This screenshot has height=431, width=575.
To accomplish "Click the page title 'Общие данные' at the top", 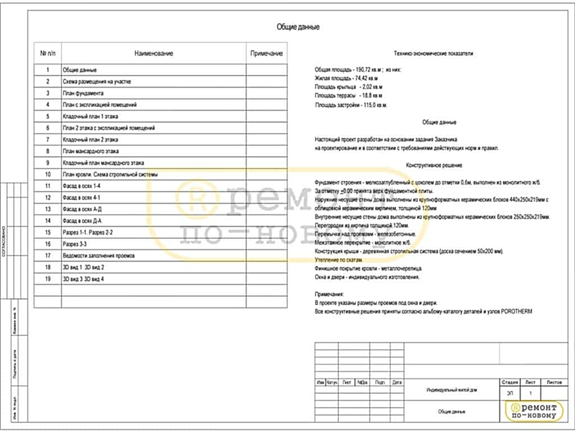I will pos(298,27).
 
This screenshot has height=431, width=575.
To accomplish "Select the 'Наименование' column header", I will pos(153,53).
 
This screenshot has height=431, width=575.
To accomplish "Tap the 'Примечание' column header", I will pos(266,53).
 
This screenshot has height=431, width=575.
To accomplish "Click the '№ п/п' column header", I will pos(48,53).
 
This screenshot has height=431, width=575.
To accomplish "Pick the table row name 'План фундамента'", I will pos(83,93).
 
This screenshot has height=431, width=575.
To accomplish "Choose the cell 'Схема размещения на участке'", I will pos(97,81).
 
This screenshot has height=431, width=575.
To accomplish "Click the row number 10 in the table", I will pos(48,175).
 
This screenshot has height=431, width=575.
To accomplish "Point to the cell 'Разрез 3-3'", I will pos(74,244).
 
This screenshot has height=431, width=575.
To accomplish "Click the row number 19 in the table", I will pos(48,279).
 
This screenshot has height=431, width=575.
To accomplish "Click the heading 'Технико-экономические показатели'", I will pos(433,53).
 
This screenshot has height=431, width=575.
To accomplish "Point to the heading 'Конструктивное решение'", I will pos(434,166).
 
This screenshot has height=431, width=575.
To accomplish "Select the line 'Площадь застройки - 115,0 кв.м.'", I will pos(351,105).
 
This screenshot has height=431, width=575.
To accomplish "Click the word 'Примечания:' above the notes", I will pos(328,294).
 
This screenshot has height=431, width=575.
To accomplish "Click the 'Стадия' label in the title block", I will pos(509,382).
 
